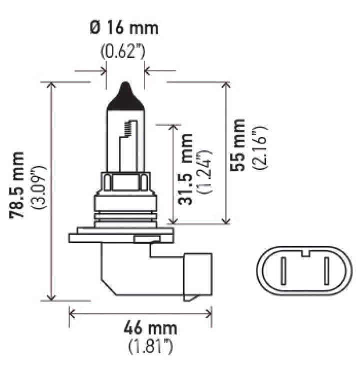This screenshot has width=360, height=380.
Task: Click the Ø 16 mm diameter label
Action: pyautogui.click(x=125, y=27)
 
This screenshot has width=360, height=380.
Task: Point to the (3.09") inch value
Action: pyautogui.click(x=38, y=186)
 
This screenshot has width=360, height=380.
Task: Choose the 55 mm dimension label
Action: pyautogui.click(x=239, y=145)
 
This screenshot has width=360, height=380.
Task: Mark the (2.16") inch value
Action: pyautogui.click(x=260, y=147)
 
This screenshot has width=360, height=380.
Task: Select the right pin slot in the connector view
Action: pyautogui.click(x=327, y=271)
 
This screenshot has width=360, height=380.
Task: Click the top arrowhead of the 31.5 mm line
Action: pyautogui.click(x=173, y=127)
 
